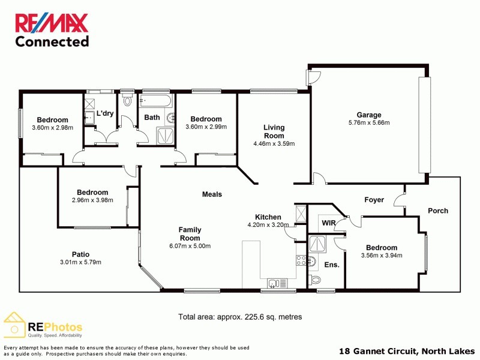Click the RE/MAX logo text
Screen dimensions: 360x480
coord(52,23)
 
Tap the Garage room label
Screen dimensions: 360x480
coord(369,115)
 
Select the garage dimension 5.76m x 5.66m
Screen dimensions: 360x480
coord(369,123)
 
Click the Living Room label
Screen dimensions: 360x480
coord(274,131)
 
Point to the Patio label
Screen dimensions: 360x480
coord(80,254)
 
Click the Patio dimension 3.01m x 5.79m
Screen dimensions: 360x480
coord(80,262)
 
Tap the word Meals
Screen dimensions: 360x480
coord(212,194)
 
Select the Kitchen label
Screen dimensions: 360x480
coord(268,217)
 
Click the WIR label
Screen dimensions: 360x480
coord(328,223)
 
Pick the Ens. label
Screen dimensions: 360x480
coord(332,265)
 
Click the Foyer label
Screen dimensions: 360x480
coord(374,200)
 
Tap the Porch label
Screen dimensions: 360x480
coord(437,211)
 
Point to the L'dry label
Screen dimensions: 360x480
coord(105,113)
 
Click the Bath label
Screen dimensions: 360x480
coord(152,118)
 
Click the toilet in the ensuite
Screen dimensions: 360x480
coord(316,279)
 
